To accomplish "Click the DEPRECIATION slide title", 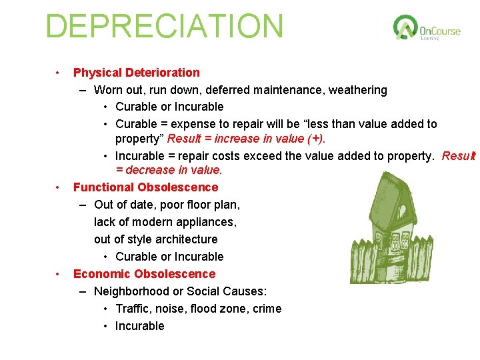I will pos(164,26).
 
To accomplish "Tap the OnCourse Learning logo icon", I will pos(405,28).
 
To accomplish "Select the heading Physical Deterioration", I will pos(136,73).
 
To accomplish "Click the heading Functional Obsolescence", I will pos(145,187).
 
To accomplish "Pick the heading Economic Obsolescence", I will pos(144,274).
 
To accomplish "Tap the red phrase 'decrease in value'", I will pos(168,170).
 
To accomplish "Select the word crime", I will pos(267,309).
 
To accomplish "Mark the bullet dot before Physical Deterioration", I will pos(59,73).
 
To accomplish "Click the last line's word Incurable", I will pos(139,326).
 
